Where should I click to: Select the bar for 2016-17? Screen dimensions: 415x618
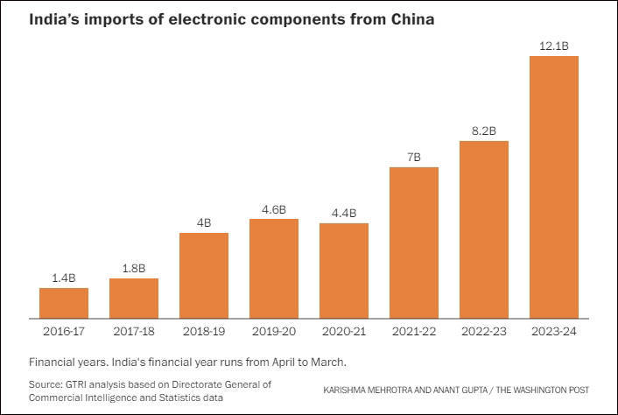pyautogui.click(x=64, y=303)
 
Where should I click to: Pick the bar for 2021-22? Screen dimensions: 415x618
pyautogui.click(x=414, y=243)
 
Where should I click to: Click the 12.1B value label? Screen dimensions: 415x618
pyautogui.click(x=554, y=44)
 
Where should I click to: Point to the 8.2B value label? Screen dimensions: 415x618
pyautogui.click(x=484, y=130)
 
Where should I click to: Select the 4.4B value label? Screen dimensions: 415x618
pyautogui.click(x=344, y=212)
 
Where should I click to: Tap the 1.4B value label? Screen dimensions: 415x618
pyautogui.click(x=64, y=277)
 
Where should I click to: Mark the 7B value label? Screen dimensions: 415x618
pyautogui.click(x=414, y=156)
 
